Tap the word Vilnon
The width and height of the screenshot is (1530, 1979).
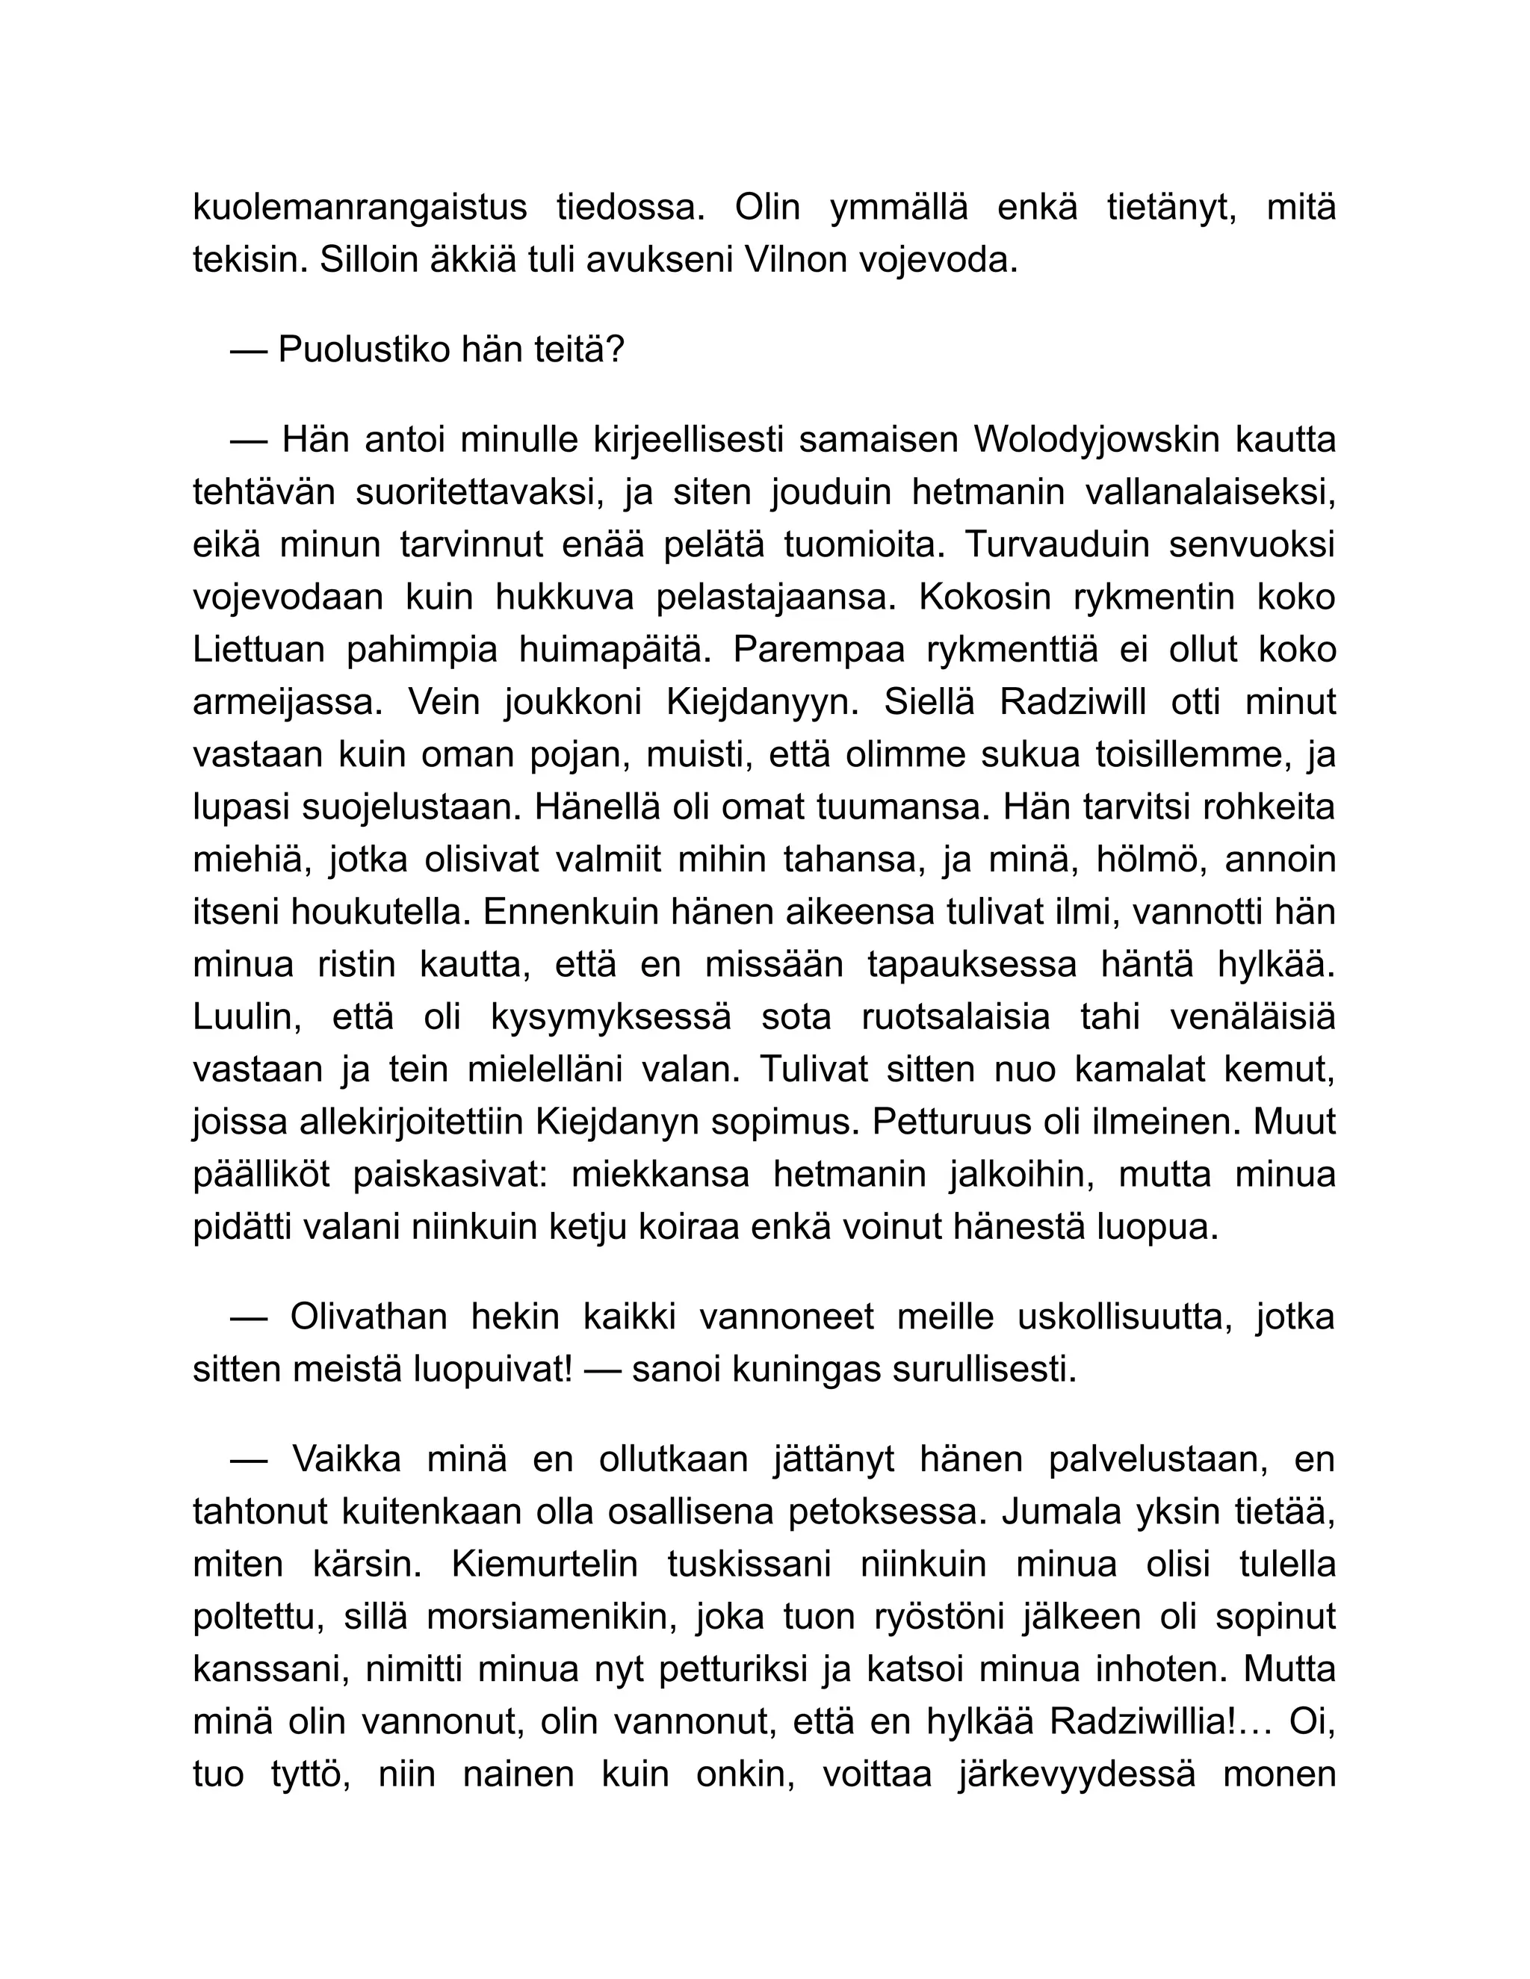click(x=796, y=260)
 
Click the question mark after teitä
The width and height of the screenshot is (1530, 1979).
click(x=616, y=349)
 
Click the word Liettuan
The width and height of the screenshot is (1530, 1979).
click(x=258, y=650)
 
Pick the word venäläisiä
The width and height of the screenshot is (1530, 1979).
click(x=1253, y=1016)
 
